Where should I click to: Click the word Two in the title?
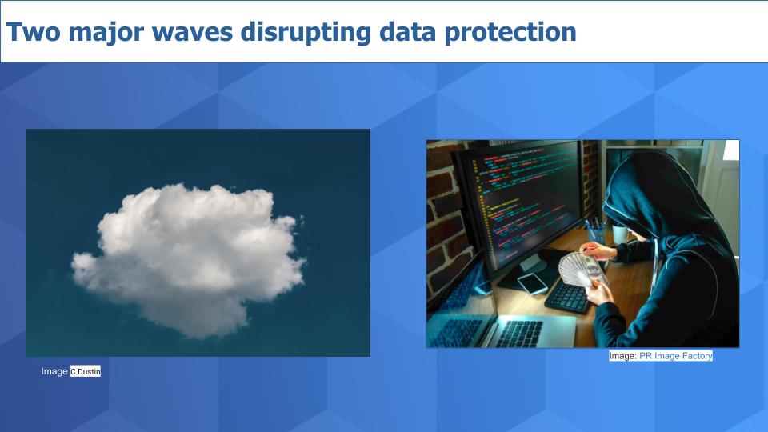[34, 31]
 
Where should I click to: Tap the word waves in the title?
[192, 33]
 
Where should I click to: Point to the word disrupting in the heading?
[306, 33]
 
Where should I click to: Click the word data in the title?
[407, 31]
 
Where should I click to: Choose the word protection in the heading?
[510, 33]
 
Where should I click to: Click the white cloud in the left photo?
[189, 260]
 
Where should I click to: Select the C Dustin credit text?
[86, 371]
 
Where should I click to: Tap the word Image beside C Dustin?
[54, 371]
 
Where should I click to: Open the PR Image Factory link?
[676, 356]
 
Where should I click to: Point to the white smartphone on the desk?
[533, 282]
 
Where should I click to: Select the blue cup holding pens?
[596, 235]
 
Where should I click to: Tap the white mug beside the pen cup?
[619, 234]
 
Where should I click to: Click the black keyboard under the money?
[569, 297]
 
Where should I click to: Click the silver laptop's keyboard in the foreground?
[520, 334]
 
